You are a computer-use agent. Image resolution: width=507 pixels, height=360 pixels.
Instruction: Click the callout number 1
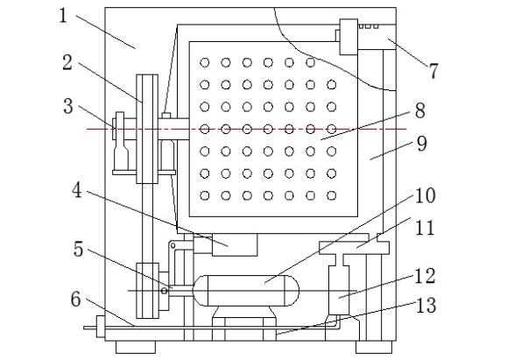63,15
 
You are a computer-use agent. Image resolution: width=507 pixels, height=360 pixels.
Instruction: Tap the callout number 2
67,62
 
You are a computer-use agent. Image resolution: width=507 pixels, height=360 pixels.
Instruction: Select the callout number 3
68,106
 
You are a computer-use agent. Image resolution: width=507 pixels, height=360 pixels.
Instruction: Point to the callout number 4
77,190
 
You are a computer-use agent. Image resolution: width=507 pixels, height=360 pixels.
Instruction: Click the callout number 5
78,249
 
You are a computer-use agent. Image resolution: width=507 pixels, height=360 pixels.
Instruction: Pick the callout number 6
75,299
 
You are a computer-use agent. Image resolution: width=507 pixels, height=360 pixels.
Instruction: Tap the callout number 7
433,71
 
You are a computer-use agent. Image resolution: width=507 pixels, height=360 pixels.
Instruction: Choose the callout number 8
419,110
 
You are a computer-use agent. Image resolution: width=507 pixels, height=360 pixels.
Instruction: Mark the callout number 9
422,144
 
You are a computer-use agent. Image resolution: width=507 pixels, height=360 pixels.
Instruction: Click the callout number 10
425,195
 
